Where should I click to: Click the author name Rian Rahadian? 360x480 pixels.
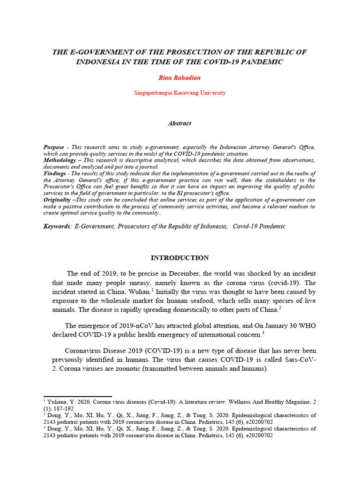point(180,77)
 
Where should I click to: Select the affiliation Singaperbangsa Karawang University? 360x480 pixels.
point(180,93)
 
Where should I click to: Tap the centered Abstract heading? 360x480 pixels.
point(180,123)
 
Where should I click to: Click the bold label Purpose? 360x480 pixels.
point(53,147)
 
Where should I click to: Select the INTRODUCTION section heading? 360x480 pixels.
point(180,258)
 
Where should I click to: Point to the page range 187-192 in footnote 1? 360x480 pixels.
point(67,408)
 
